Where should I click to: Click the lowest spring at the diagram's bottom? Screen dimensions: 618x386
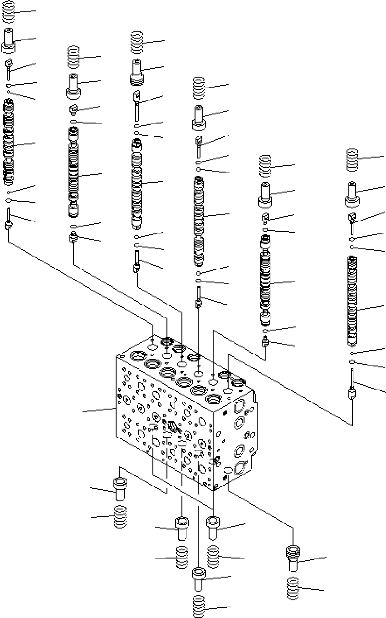198,606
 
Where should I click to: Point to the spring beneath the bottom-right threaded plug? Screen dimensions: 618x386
293,588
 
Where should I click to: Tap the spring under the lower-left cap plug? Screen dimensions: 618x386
120,517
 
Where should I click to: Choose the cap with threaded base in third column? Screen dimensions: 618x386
137,72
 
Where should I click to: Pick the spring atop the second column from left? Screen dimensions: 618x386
73,57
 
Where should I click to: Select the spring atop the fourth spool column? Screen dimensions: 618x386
199,88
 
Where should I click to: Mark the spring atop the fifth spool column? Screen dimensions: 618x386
265,166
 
